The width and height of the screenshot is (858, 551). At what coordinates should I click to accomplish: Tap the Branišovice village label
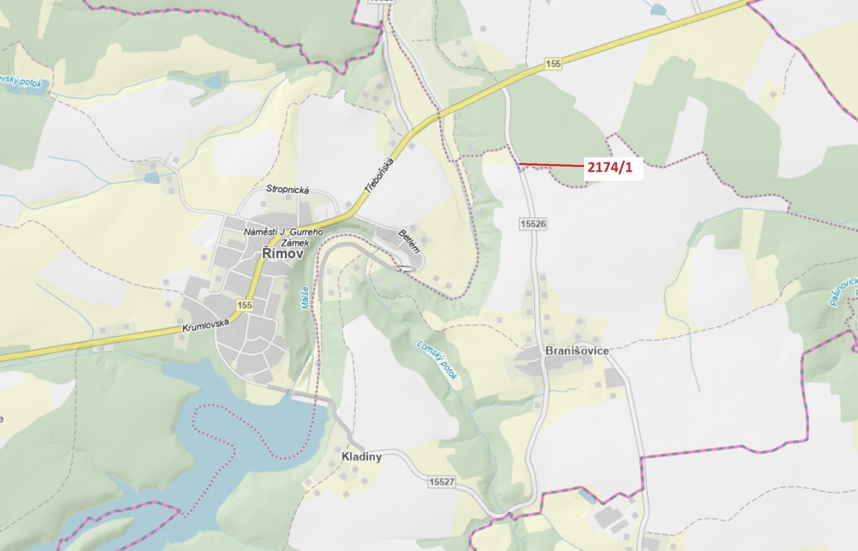[x=577, y=351]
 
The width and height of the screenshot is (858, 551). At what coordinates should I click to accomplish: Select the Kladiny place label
[x=361, y=457]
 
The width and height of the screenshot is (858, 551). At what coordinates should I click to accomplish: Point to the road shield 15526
[x=533, y=223]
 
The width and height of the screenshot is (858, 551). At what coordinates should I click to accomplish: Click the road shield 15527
[x=442, y=482]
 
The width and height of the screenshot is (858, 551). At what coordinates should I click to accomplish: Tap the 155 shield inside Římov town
[x=245, y=305]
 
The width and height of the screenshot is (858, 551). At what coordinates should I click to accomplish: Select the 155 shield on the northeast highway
[x=553, y=64]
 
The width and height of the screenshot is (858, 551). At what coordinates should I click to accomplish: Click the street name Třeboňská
[x=379, y=175]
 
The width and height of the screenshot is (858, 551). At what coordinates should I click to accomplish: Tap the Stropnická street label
[x=287, y=190]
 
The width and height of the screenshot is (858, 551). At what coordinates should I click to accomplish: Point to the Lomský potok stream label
[x=437, y=360]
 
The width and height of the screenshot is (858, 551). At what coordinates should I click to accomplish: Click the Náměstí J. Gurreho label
[x=283, y=232]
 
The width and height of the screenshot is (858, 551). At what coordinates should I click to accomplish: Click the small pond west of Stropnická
[x=151, y=178]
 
